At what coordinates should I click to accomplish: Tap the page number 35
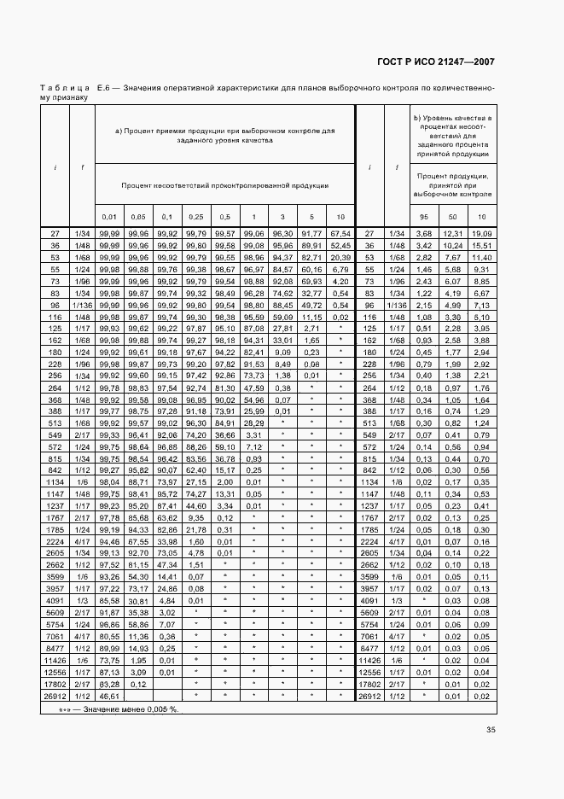point(491,729)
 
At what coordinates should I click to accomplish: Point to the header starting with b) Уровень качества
point(451,134)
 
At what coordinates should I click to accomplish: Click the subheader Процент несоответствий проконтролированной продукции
point(226,184)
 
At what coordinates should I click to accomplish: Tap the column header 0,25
point(196,217)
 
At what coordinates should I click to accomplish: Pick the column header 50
point(453,217)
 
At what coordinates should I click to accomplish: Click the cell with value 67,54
point(340,233)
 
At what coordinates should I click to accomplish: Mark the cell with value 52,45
point(340,245)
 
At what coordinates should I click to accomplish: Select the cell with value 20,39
point(340,257)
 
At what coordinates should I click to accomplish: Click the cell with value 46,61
point(108,697)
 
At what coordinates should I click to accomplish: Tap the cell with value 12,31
point(453,233)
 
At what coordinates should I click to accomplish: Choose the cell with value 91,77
point(312,233)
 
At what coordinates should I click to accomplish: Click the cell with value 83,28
point(108,685)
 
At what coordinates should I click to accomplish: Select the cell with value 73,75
point(108,661)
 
